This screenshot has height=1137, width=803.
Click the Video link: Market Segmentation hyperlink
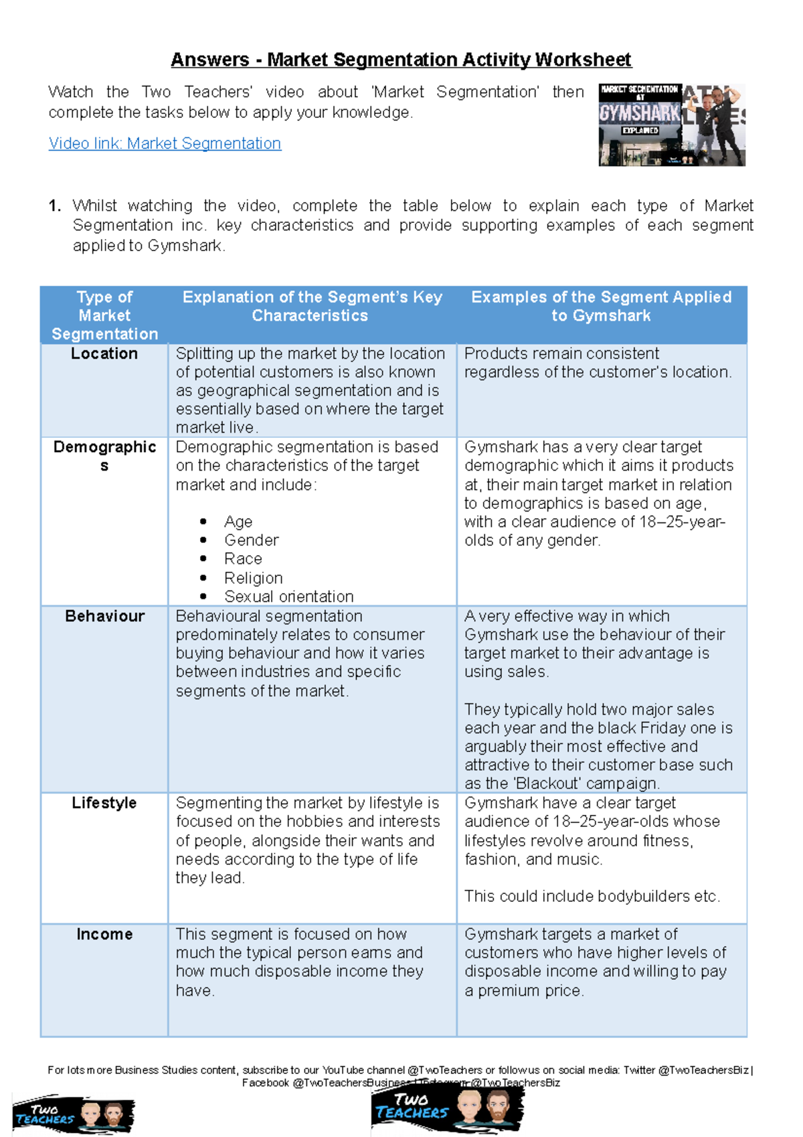click(x=165, y=143)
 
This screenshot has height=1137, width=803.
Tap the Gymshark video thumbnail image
click(x=671, y=125)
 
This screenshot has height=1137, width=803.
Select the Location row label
click(x=104, y=354)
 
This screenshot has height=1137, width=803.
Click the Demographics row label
click(x=104, y=455)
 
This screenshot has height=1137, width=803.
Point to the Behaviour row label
click(x=104, y=616)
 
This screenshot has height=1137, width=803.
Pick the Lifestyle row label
click(x=104, y=803)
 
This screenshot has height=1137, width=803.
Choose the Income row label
click(x=104, y=934)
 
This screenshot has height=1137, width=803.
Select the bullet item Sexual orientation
click(x=288, y=597)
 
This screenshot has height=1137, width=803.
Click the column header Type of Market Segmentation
click(x=104, y=315)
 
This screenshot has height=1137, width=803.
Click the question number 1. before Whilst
click(x=55, y=206)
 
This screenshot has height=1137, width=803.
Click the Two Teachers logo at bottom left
click(x=74, y=1115)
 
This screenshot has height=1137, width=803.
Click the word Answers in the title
click(x=209, y=60)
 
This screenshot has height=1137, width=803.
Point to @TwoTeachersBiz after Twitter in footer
click(x=703, y=1070)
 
